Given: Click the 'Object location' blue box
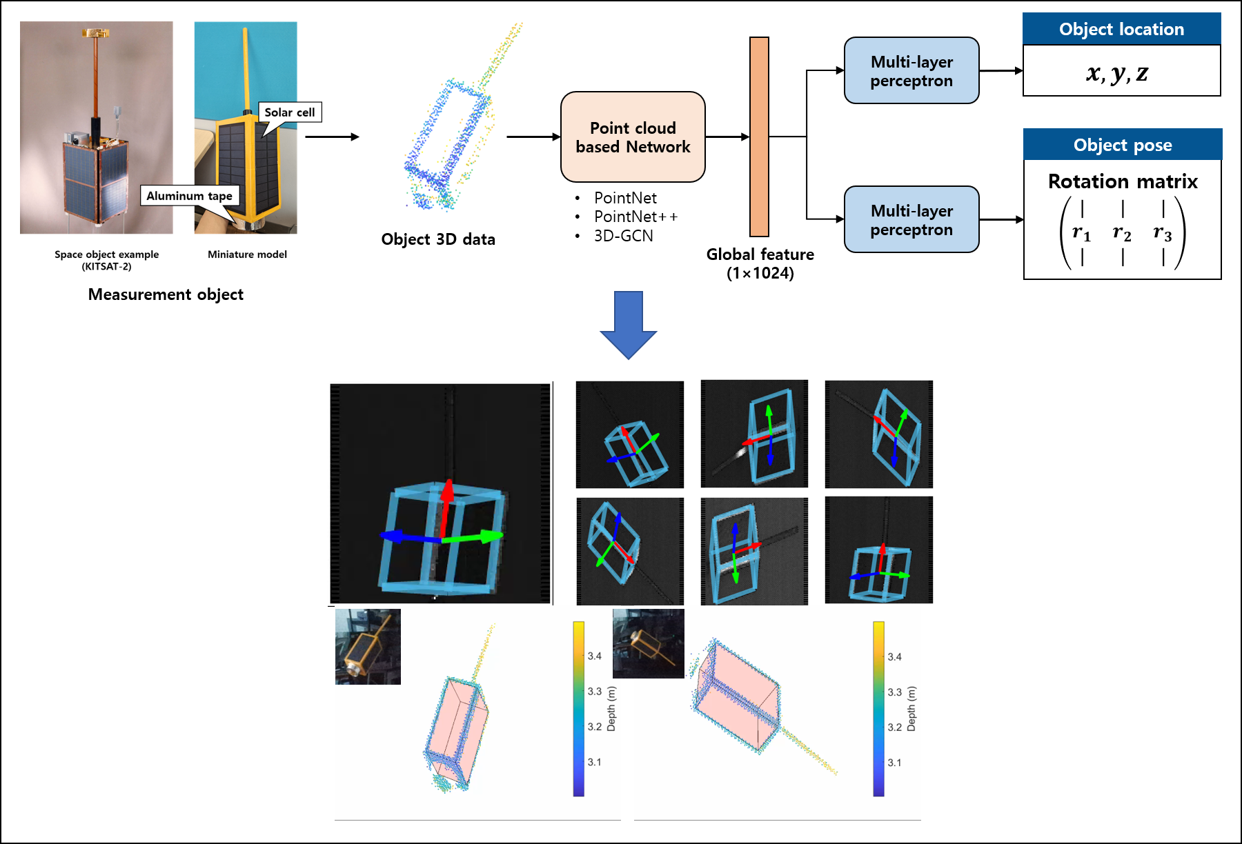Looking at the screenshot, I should [x=1121, y=28].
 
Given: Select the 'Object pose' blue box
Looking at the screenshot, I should [x=1122, y=144].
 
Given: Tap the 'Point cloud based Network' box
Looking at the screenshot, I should [x=633, y=137].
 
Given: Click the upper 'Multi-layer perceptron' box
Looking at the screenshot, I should [x=911, y=71].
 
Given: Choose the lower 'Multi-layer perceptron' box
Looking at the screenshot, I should [x=911, y=220].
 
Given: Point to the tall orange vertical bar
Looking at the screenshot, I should [x=759, y=137].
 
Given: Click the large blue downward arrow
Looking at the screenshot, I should [x=628, y=324].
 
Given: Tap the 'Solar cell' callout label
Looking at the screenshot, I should [x=290, y=112].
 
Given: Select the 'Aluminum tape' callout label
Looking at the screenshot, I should [x=190, y=196].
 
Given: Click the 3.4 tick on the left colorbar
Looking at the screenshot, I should [x=594, y=656].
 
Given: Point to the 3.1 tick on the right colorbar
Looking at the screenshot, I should [x=894, y=763].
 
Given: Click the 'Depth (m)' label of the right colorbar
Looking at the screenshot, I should [x=911, y=709].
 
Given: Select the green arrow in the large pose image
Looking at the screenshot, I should [x=473, y=536].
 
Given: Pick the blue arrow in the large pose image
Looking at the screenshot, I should [x=410, y=537].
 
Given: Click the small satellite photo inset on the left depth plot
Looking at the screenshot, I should [x=368, y=647].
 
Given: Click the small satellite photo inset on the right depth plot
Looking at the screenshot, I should [x=649, y=643].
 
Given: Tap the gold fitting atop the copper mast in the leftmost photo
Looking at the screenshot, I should [x=96, y=32].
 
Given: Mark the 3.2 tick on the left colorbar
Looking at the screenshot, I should [x=594, y=727].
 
